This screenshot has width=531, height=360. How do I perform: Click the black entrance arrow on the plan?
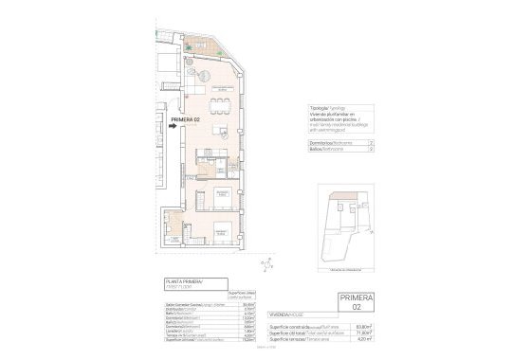tap(172, 123)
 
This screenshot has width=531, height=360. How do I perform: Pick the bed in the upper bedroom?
tap(221, 196)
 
